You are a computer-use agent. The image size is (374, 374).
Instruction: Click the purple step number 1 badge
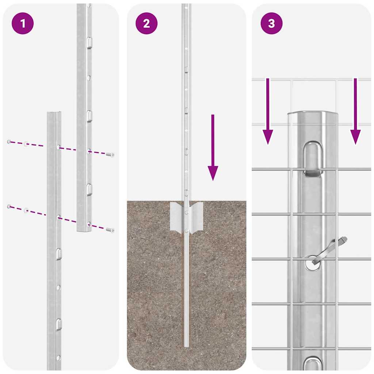coord(23,23)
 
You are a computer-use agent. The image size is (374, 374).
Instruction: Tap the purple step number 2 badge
coord(146,23)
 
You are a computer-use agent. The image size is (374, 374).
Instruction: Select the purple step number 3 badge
coord(271,23)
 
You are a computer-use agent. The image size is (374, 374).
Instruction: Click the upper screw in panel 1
coord(110,155)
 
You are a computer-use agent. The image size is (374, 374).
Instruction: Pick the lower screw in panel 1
coord(110,230)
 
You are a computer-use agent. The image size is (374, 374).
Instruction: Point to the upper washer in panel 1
coord(26,144)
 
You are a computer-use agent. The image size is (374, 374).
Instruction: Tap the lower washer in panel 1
coord(26,210)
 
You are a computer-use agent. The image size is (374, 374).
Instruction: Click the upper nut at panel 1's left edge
coord(9,141)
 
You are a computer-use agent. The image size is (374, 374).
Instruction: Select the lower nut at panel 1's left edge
coord(9,207)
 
